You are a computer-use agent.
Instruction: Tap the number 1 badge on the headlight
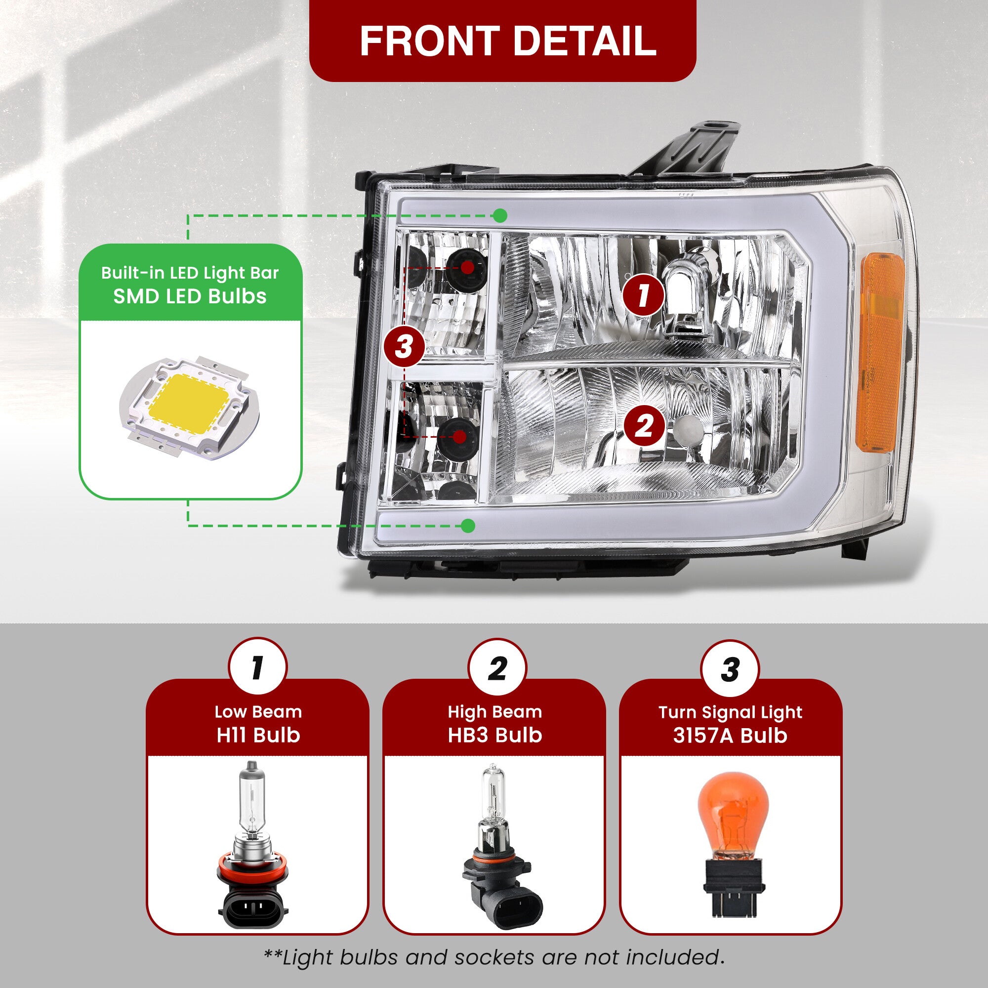[643, 295]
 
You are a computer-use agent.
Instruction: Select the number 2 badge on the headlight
[644, 425]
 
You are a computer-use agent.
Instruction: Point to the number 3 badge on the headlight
[404, 347]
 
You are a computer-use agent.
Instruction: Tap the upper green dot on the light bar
[500, 215]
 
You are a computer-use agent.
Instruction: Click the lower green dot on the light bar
[468, 525]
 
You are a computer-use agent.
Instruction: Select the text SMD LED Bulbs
[190, 296]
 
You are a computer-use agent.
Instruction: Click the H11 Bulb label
[258, 735]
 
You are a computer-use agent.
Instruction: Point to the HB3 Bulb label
[494, 735]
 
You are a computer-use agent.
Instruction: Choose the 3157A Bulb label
[730, 735]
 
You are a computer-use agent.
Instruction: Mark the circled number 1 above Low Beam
[258, 667]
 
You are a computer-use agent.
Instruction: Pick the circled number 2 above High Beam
[496, 667]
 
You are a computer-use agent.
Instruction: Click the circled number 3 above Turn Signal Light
[730, 668]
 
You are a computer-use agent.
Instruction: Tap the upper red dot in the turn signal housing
[467, 267]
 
